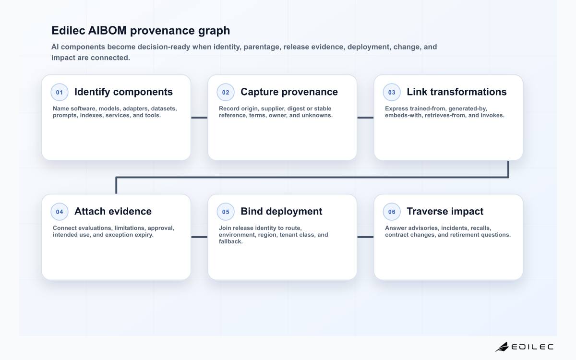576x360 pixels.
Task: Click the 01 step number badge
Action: [x=60, y=92]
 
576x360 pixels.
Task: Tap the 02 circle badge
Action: [x=226, y=92]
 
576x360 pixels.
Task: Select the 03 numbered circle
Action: [x=392, y=92]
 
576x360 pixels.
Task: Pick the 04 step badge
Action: [x=60, y=212]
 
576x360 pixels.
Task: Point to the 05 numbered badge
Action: [x=226, y=212]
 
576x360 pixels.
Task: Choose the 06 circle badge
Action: [x=392, y=212]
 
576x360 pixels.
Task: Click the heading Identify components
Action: [x=123, y=92]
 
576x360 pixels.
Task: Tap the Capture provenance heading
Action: [x=289, y=92]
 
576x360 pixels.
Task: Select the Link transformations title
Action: [x=456, y=92]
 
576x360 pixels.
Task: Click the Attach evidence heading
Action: [x=113, y=211]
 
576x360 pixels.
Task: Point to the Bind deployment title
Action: [x=281, y=212]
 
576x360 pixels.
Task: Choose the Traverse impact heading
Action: [x=445, y=212]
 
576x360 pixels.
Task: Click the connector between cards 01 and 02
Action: [x=199, y=118]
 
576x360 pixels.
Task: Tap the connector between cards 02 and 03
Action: [x=365, y=118]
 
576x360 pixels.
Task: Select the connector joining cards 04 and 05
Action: [x=199, y=237]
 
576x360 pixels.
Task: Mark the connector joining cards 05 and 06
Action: [x=365, y=237]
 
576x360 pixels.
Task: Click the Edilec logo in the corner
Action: [x=524, y=347]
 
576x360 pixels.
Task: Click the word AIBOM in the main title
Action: [x=107, y=30]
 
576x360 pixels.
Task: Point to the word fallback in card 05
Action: [x=231, y=241]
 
